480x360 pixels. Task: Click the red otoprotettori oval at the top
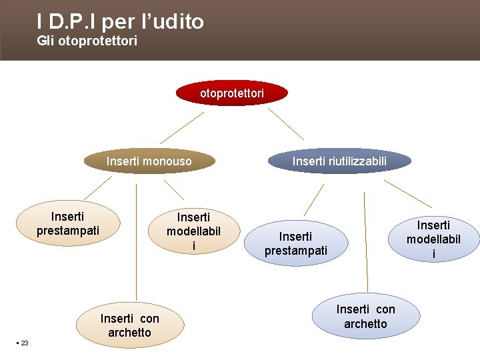pos(232,93)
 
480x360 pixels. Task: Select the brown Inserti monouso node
pos(149,161)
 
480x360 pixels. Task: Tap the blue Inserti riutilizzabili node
pos(339,161)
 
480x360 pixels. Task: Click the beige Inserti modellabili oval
pos(193,231)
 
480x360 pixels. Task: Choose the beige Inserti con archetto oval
pos(129,325)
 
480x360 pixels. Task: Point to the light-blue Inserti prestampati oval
pos(295,243)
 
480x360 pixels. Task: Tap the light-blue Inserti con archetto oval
pos(365,317)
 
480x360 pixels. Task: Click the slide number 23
pos(24,343)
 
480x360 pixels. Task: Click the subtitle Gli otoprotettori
pos(87,41)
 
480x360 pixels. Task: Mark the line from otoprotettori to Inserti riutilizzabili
pos(286,125)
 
